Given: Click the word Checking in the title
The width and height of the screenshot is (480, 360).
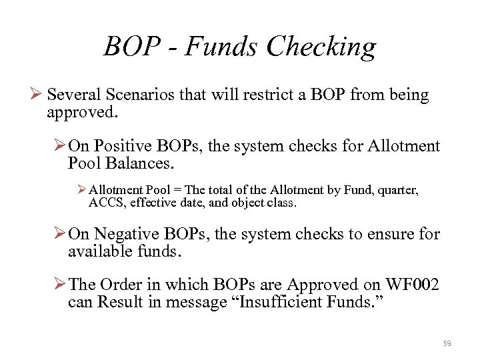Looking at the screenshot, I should (x=321, y=47).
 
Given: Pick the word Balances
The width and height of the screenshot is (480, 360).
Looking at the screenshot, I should (x=141, y=163).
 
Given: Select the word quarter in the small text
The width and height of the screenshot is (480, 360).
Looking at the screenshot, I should (x=398, y=190).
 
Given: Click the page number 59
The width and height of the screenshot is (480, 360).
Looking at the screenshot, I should (x=447, y=343).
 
